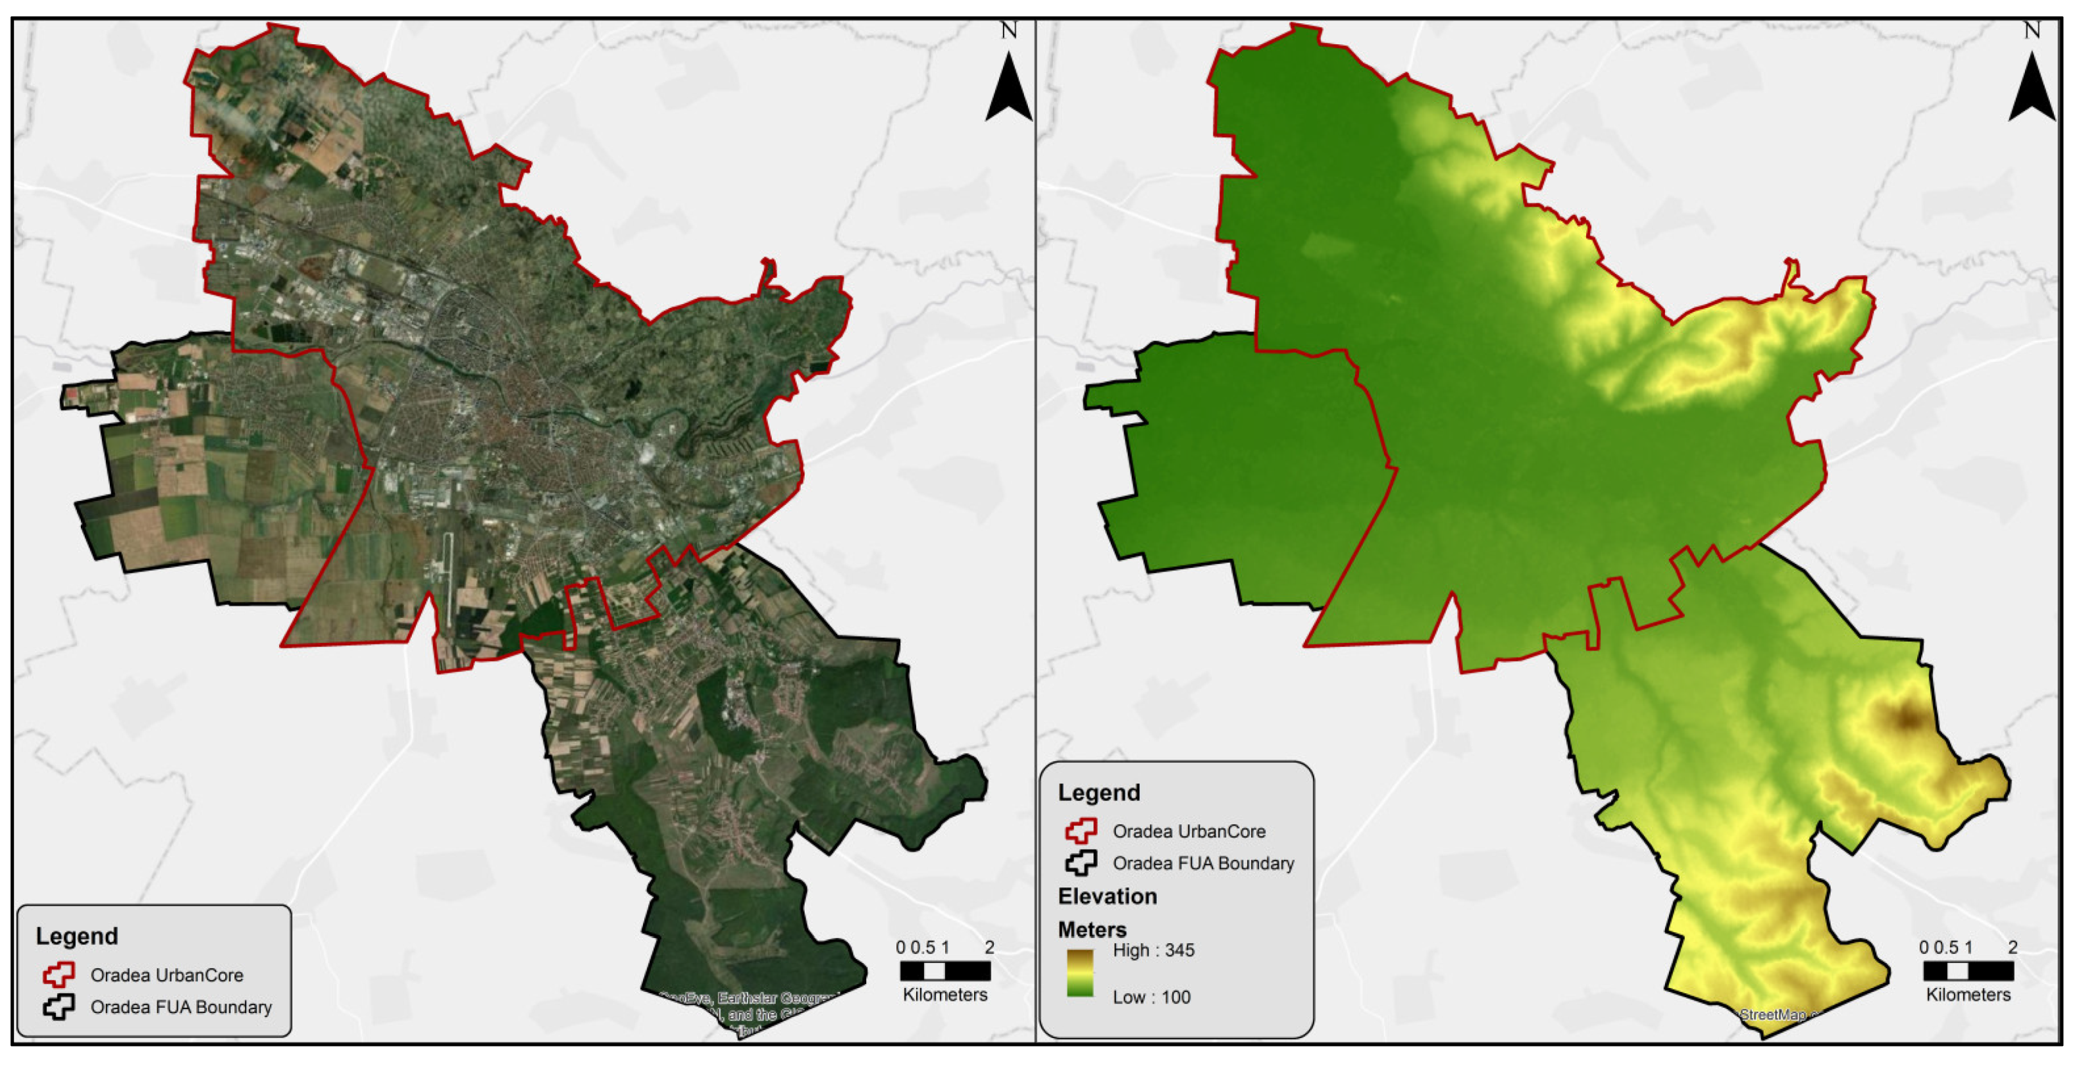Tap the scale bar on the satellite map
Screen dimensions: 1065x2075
coord(945,970)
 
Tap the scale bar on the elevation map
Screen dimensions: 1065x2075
coord(1968,970)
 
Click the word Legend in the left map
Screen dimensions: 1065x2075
coord(76,936)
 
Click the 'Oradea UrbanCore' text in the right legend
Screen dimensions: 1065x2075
coord(1189,831)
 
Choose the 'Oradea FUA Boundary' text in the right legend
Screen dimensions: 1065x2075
coord(1204,864)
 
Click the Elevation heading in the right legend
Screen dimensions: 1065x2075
coord(1107,897)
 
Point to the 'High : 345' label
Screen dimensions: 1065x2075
coord(1154,951)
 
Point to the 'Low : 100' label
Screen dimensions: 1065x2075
coord(1151,998)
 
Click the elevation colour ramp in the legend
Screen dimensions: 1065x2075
coord(1080,973)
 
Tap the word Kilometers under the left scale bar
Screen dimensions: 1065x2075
coord(945,995)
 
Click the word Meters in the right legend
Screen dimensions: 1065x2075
coord(1091,930)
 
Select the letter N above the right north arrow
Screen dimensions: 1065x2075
coord(2031,31)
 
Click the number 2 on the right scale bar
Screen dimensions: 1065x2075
coord(2012,948)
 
